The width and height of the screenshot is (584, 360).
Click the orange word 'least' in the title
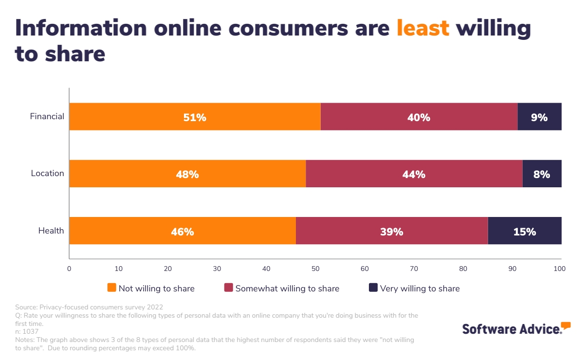click(423, 28)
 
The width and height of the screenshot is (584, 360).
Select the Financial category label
click(47, 117)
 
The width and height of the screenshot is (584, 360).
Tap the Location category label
click(47, 174)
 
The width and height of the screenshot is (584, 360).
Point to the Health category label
click(51, 231)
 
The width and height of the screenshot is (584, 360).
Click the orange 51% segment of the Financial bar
click(195, 117)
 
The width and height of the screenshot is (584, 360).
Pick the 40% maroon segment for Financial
click(419, 117)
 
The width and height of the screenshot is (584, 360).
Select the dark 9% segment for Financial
click(539, 117)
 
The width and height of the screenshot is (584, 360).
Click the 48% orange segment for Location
click(187, 174)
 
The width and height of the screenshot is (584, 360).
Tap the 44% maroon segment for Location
click(414, 174)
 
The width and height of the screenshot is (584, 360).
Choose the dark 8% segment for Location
click(542, 174)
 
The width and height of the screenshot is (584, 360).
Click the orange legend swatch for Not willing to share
click(111, 288)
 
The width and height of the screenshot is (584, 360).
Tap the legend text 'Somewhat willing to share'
click(287, 288)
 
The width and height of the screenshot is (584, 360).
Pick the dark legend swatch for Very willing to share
click(373, 288)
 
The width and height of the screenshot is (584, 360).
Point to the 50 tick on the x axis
click(315, 269)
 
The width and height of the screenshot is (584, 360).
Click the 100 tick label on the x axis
click(560, 269)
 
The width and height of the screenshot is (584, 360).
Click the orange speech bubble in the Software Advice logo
click(566, 325)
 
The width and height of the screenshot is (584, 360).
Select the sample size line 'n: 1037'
click(27, 331)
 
